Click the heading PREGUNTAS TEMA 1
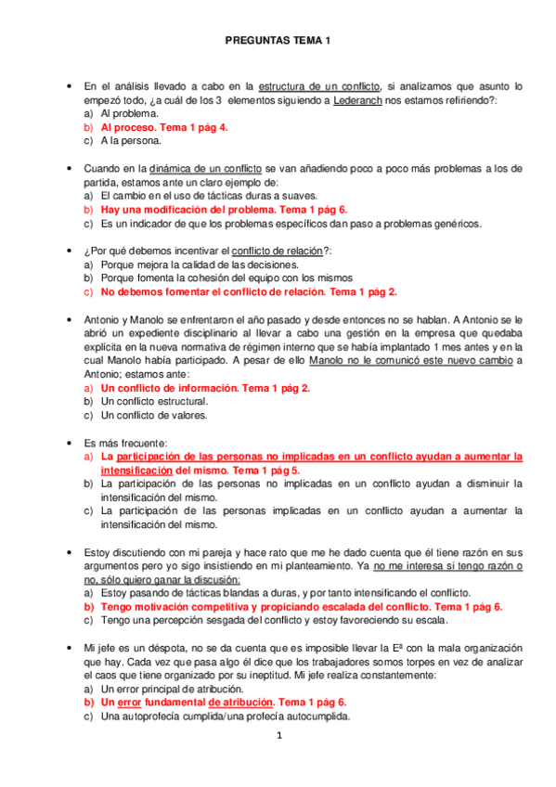pyautogui.click(x=278, y=41)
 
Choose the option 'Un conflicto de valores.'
pyautogui.click(x=154, y=416)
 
